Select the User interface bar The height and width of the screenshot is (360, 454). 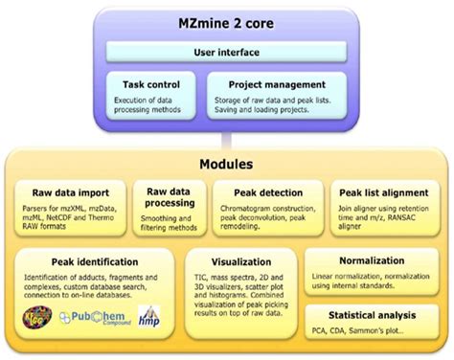coord(226,51)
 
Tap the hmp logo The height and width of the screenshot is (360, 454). coord(150,318)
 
